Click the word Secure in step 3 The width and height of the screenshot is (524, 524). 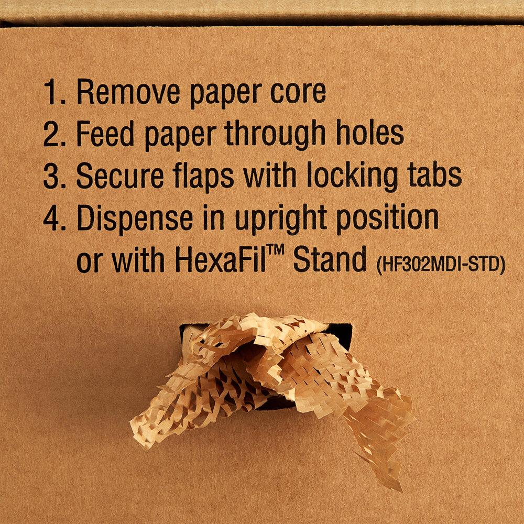(x=120, y=177)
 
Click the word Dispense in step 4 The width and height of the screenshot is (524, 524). (x=135, y=219)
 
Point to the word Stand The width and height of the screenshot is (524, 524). (x=330, y=260)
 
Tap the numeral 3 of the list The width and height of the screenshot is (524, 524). (x=53, y=177)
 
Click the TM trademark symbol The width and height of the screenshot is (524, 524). (x=275, y=253)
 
